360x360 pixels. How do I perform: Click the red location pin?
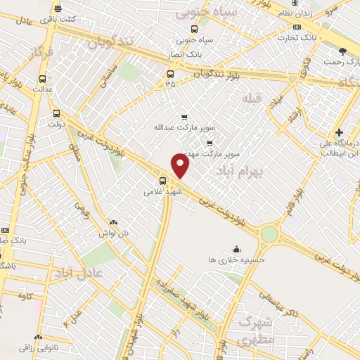[181, 166]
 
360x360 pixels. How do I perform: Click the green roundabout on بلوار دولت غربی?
[268, 233]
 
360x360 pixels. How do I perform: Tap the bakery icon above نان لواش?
[114, 221]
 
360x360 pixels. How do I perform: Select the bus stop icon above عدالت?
[43, 79]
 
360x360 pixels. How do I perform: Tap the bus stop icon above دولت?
[56, 112]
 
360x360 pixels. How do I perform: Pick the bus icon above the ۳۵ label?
[170, 73]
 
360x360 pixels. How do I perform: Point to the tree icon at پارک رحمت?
[342, 51]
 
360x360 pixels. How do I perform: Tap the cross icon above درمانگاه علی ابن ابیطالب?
[339, 132]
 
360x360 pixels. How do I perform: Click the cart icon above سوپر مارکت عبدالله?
[184, 117]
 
